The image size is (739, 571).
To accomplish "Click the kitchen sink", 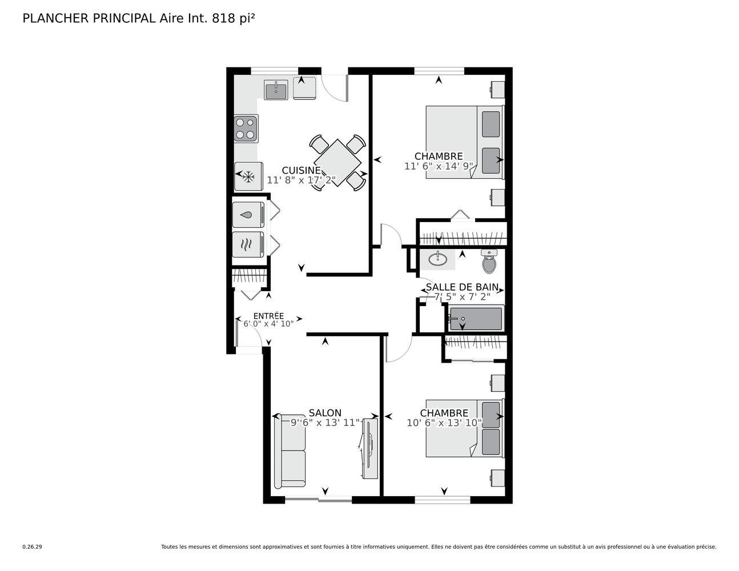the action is click(x=276, y=90).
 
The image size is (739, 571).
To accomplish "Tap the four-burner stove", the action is click(x=246, y=128).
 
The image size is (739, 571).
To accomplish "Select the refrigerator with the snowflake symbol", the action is click(x=248, y=176).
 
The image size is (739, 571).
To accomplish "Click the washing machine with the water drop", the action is click(x=248, y=215).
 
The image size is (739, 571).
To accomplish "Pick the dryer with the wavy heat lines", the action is click(x=248, y=244).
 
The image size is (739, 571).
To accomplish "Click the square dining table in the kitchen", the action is click(x=338, y=163).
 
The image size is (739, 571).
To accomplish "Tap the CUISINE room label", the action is click(x=301, y=170).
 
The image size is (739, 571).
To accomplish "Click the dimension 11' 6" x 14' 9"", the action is click(x=439, y=166).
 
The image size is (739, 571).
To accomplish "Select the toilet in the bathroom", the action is click(x=489, y=261).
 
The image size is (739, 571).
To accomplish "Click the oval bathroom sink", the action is click(x=437, y=259).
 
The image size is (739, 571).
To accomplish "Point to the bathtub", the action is click(x=476, y=319).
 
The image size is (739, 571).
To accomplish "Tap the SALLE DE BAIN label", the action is click(x=462, y=287).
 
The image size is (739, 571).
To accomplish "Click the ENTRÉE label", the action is click(x=268, y=315).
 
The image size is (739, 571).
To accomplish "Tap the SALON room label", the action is click(x=325, y=413).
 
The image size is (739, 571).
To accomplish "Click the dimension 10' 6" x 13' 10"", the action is click(x=444, y=423).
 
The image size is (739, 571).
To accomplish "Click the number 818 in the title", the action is click(x=224, y=18).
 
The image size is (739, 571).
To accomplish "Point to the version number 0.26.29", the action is click(x=33, y=547).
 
